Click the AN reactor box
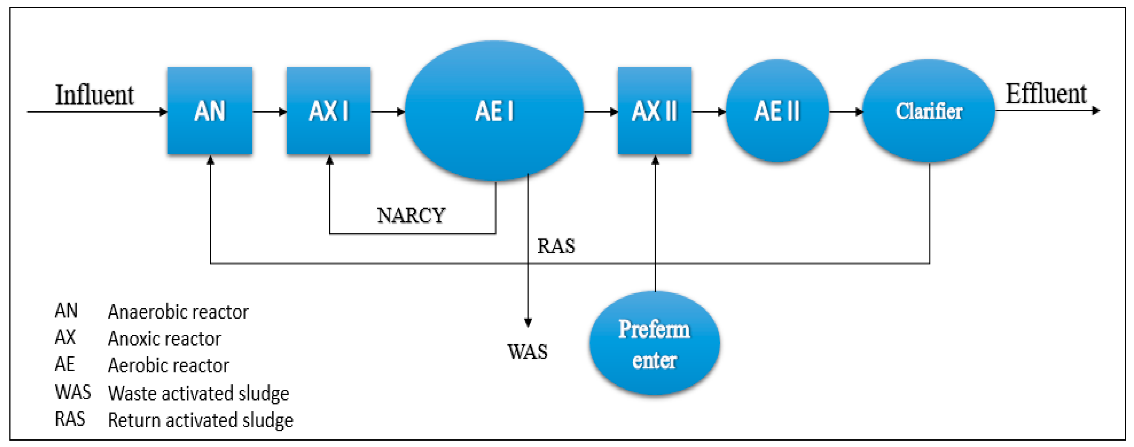point(210,110)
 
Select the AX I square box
point(328,110)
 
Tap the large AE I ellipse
point(494,110)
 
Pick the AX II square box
point(654,110)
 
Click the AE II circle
point(777,110)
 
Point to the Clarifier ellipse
point(928,110)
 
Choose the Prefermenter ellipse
point(654,344)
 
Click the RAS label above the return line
point(556,246)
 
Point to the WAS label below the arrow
point(527,352)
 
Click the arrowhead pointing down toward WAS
point(528,323)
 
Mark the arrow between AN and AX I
point(269,112)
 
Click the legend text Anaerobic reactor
point(178,312)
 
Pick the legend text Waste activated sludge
point(199,393)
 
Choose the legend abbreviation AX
point(65,338)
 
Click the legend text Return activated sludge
point(200,420)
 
